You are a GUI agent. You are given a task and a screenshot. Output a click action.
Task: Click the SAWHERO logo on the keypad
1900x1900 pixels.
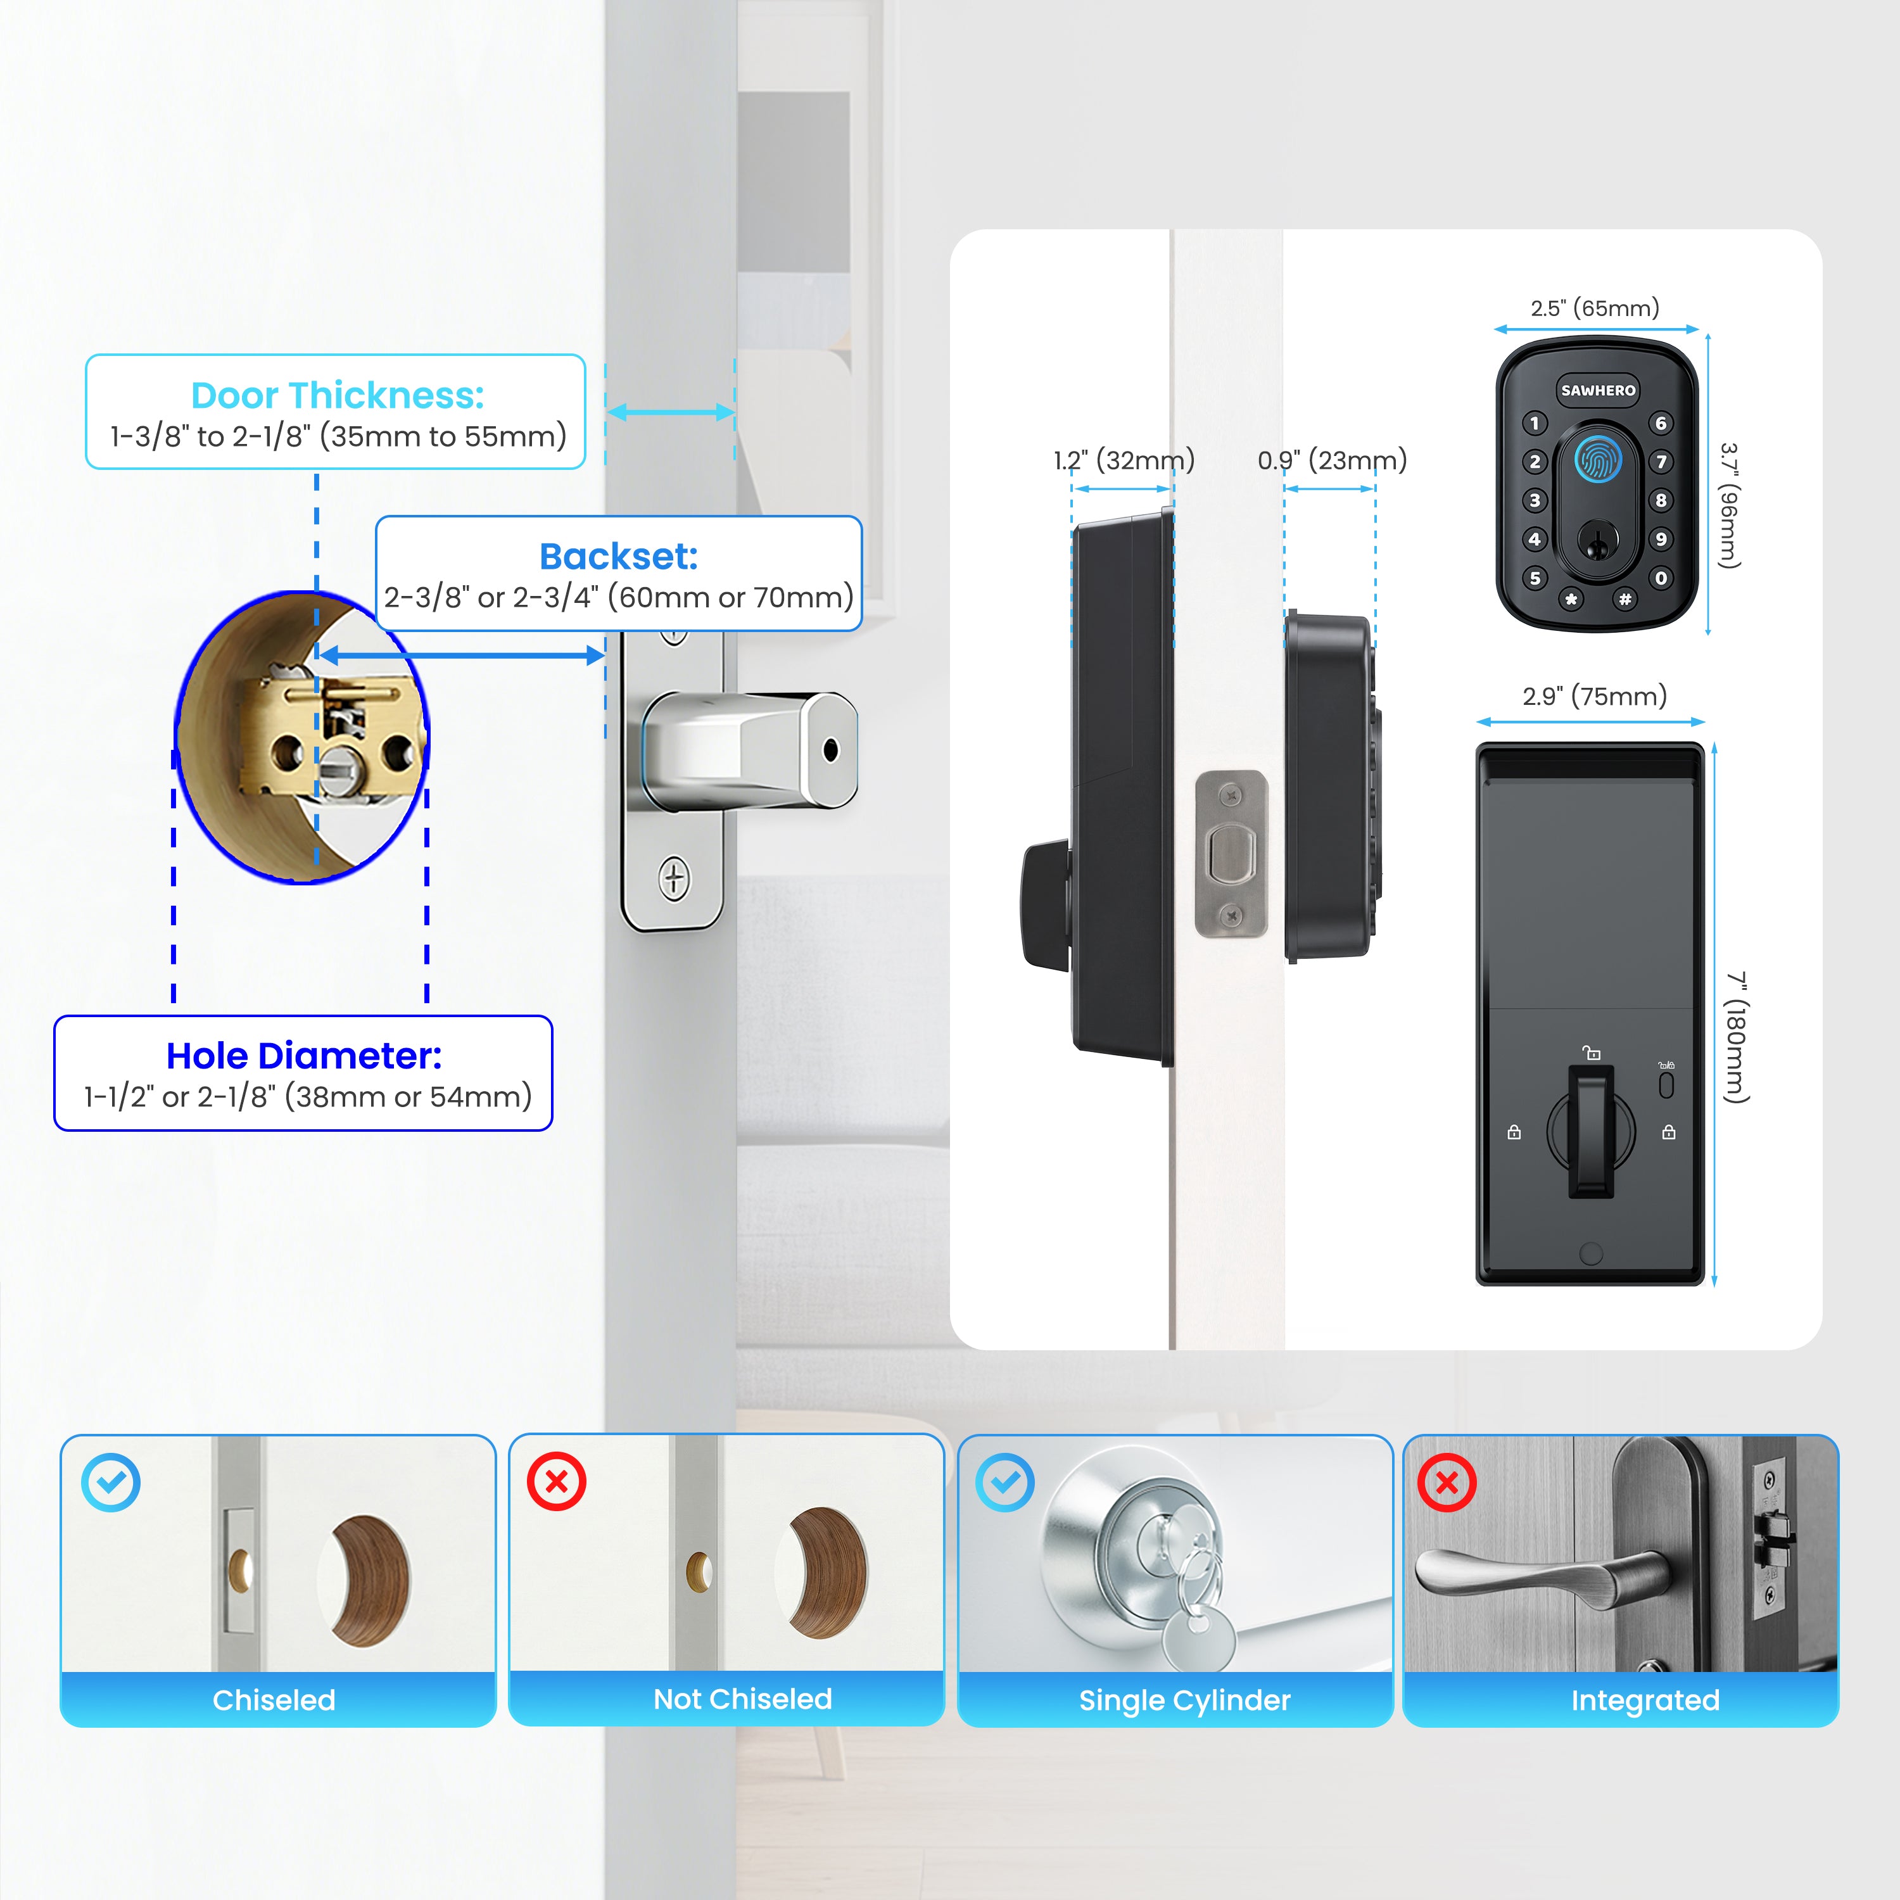click(1598, 390)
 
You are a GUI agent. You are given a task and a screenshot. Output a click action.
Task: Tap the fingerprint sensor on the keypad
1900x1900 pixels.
click(1598, 459)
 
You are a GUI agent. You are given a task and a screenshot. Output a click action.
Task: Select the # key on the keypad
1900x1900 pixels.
click(1624, 599)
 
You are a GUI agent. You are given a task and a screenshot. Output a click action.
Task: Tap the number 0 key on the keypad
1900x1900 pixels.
click(1661, 578)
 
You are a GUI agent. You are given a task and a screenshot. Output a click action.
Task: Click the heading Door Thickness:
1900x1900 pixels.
click(338, 395)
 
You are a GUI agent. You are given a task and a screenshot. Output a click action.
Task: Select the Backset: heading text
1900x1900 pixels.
click(619, 557)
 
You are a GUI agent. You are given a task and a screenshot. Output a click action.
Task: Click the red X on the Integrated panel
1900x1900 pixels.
click(1447, 1481)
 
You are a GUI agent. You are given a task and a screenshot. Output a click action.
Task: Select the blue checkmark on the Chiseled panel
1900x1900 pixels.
click(111, 1482)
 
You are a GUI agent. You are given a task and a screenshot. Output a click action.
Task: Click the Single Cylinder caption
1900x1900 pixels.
click(1185, 1700)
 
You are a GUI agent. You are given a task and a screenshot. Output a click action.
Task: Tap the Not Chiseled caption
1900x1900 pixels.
click(742, 1699)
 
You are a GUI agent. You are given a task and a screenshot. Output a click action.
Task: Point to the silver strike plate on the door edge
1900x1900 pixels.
click(1231, 854)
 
